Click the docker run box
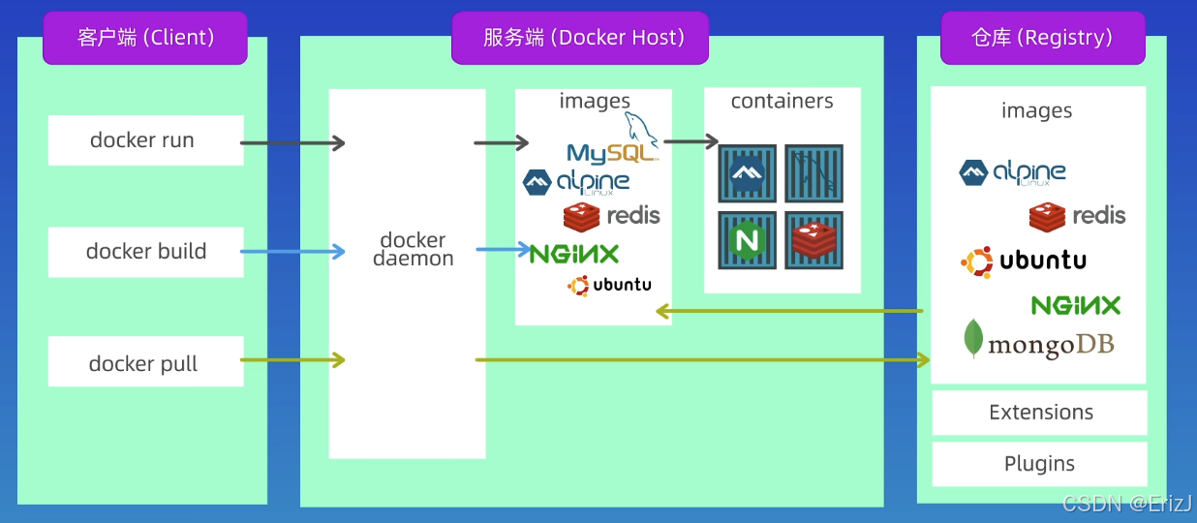tap(145, 140)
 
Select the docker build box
tap(145, 252)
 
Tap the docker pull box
tap(145, 363)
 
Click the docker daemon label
tap(414, 249)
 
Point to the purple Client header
tap(145, 38)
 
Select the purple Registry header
tap(1042, 38)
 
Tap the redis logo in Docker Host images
tap(611, 216)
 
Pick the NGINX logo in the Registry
tap(1076, 306)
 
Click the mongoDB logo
tap(1038, 342)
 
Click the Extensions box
tap(1040, 413)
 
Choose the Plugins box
tap(1039, 464)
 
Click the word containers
tap(782, 102)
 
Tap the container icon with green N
tap(748, 239)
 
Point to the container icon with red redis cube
tap(813, 239)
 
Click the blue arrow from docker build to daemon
tap(292, 252)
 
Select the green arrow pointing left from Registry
tap(789, 311)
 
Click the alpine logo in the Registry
tap(1012, 173)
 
